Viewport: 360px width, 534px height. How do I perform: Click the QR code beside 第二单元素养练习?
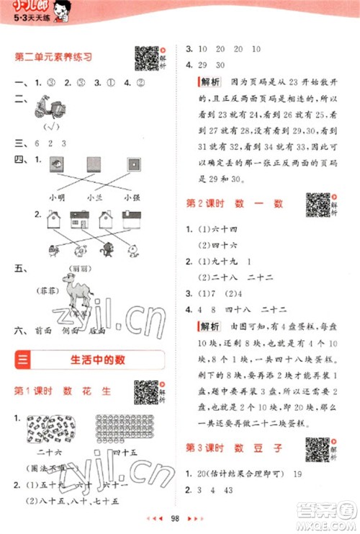coord(146,57)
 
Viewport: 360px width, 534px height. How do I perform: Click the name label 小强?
coord(131,197)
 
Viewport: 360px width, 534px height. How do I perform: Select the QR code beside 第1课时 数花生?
coord(146,392)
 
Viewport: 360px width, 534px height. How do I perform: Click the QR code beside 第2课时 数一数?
coord(317,205)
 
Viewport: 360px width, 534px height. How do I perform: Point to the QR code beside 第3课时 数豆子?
coord(317,448)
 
